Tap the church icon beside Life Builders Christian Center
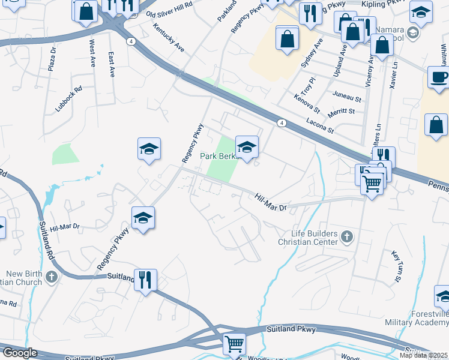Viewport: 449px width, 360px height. (x=347, y=237)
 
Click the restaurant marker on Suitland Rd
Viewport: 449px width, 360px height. (x=145, y=280)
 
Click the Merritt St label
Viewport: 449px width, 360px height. (x=341, y=111)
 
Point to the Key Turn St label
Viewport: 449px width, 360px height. (x=396, y=266)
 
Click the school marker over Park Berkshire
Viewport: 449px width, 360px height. (x=247, y=147)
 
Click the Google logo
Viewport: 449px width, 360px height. (x=20, y=353)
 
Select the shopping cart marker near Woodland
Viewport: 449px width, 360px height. (x=234, y=344)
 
